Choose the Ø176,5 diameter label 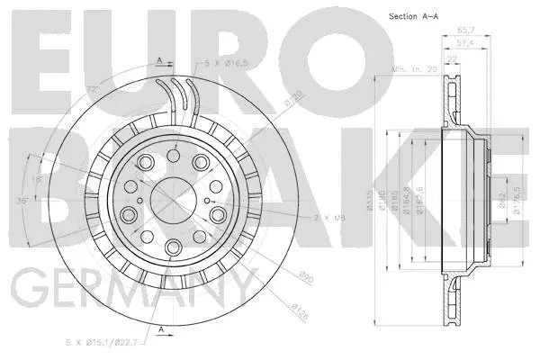coord(515,203)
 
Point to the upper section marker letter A coord(159,59)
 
